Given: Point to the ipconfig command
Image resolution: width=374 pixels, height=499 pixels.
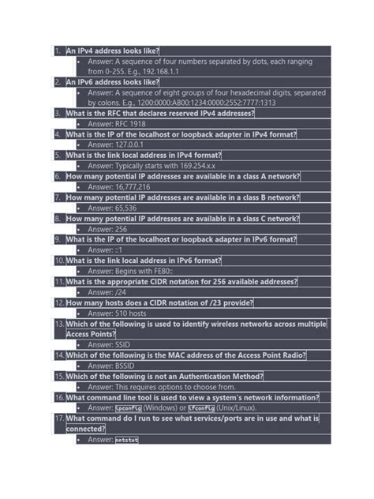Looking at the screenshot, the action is point(129,408).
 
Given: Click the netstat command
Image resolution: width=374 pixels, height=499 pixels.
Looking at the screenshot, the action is point(126,440).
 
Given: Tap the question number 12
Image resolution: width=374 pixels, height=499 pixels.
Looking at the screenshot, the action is point(59,302).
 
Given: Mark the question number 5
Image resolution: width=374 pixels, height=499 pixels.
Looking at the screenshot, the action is point(58,156).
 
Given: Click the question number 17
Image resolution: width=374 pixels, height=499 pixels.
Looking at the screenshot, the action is point(59,418).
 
